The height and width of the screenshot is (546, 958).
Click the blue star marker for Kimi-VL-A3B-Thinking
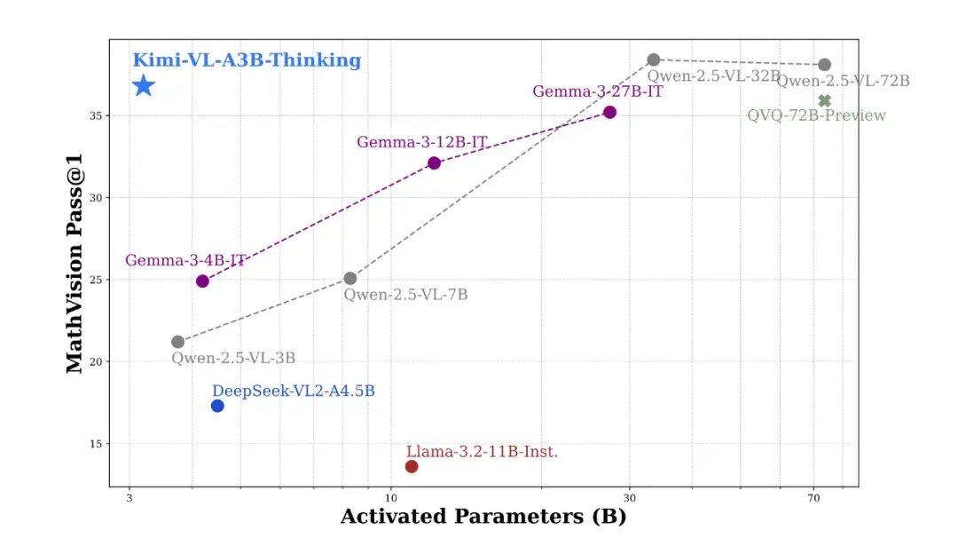coord(144,86)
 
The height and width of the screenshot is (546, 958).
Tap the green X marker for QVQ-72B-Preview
coord(824,101)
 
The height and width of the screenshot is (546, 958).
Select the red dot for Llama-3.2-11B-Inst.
coord(412,467)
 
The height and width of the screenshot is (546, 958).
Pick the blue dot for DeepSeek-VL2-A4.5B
coord(217,406)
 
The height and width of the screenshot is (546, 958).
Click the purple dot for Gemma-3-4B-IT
coord(202,281)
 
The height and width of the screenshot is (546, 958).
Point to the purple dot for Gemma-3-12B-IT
coord(434,162)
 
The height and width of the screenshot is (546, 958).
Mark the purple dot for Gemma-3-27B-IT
coord(609,112)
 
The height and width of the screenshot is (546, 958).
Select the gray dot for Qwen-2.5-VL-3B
coord(177,342)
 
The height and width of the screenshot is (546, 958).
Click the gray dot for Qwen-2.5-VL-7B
coord(350,279)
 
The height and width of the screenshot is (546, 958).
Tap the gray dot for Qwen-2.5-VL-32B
coord(654,59)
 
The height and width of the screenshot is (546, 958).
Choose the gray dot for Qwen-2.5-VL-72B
coord(824,65)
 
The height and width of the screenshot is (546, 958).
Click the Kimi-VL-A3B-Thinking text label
coord(247,61)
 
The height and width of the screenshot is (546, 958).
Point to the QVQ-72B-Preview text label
coord(816,115)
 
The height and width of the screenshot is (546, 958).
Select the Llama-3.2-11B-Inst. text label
coord(482,452)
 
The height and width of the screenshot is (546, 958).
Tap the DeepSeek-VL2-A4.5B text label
coord(293,391)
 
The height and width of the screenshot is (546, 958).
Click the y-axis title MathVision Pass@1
coord(75,264)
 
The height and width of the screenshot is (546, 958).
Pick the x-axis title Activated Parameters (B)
coord(483,517)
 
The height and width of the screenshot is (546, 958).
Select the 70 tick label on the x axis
coord(813,500)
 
